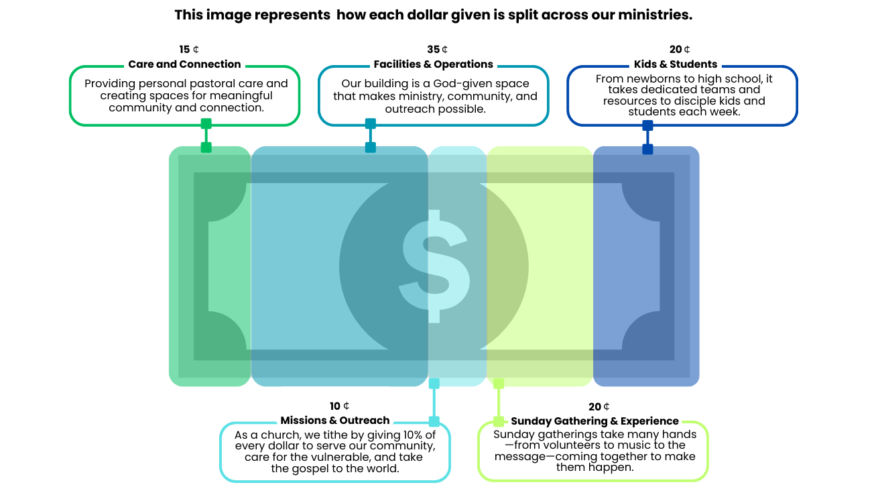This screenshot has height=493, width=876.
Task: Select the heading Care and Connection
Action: tap(184, 64)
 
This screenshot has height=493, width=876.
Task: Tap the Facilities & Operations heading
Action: tap(433, 64)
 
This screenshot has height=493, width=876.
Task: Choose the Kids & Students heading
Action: tap(676, 64)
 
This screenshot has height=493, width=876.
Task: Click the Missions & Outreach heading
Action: tap(335, 421)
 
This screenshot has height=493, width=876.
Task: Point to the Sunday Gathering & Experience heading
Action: tap(595, 421)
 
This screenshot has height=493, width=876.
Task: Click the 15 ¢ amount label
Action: tap(189, 50)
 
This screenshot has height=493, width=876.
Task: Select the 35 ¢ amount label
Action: tap(437, 50)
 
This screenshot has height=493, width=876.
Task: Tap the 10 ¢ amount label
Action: tap(339, 406)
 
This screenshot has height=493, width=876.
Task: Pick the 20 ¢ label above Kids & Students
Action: tap(680, 50)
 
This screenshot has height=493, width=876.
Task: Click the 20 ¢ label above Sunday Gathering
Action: tap(599, 407)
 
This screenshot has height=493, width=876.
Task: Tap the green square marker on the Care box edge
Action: tap(206, 123)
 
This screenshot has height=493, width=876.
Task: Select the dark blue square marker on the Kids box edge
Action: tap(647, 125)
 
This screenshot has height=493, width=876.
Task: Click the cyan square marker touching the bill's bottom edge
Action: tap(434, 384)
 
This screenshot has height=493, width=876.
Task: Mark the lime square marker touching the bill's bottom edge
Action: tap(499, 384)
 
